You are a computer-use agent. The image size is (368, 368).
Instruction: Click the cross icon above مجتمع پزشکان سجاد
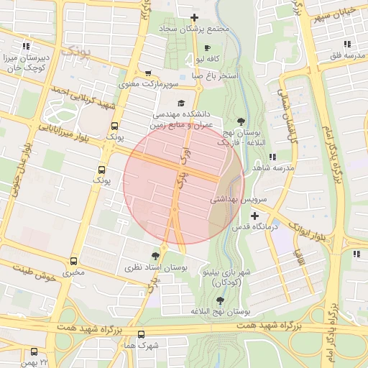[x=194, y=17]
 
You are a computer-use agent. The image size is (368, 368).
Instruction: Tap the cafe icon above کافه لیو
[x=207, y=47]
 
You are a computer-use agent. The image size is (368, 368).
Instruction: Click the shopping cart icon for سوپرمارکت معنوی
[x=148, y=73]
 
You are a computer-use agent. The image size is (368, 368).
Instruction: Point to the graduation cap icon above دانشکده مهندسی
[x=180, y=103]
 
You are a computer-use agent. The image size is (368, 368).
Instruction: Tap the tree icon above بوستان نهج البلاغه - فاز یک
[x=240, y=121]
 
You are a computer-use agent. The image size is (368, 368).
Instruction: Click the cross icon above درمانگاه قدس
[x=254, y=216]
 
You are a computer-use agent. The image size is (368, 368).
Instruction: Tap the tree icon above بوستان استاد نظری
[x=155, y=255]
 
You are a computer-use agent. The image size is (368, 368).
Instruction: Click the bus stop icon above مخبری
[x=73, y=262]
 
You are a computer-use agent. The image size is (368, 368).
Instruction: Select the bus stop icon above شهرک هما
[x=141, y=334]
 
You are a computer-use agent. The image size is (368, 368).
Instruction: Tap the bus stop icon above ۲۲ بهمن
[x=34, y=351]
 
